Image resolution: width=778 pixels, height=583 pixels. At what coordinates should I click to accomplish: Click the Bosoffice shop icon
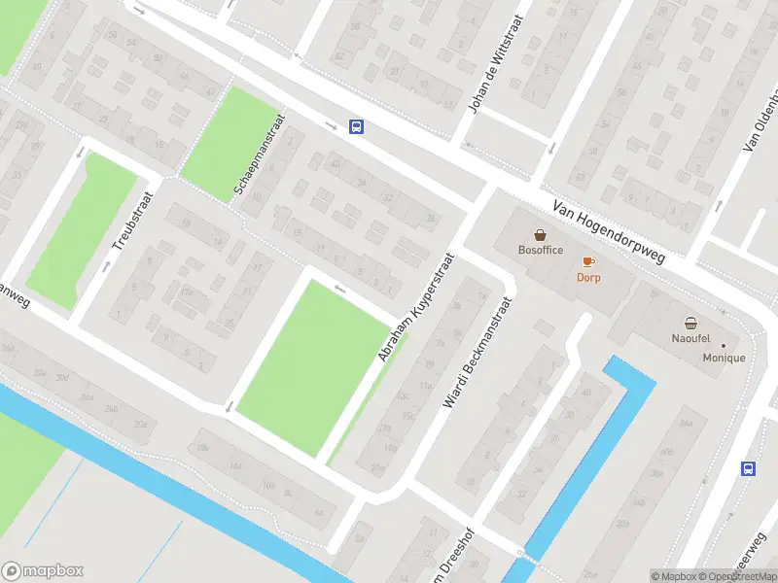[540, 234]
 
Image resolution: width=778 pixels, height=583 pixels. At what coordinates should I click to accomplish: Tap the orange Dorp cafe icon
[587, 261]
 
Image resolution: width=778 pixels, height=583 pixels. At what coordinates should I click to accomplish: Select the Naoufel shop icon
[690, 323]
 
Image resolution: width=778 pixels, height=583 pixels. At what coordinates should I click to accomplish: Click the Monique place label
[724, 358]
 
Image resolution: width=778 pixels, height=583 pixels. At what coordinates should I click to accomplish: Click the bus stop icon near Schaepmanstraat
[357, 126]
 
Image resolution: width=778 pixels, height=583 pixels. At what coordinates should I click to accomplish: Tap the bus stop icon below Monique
[748, 468]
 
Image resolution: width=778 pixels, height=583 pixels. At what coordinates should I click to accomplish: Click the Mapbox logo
[42, 571]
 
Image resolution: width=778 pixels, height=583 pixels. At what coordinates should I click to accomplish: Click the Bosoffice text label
[540, 250]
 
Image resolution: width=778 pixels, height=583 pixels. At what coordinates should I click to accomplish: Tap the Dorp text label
[588, 277]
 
